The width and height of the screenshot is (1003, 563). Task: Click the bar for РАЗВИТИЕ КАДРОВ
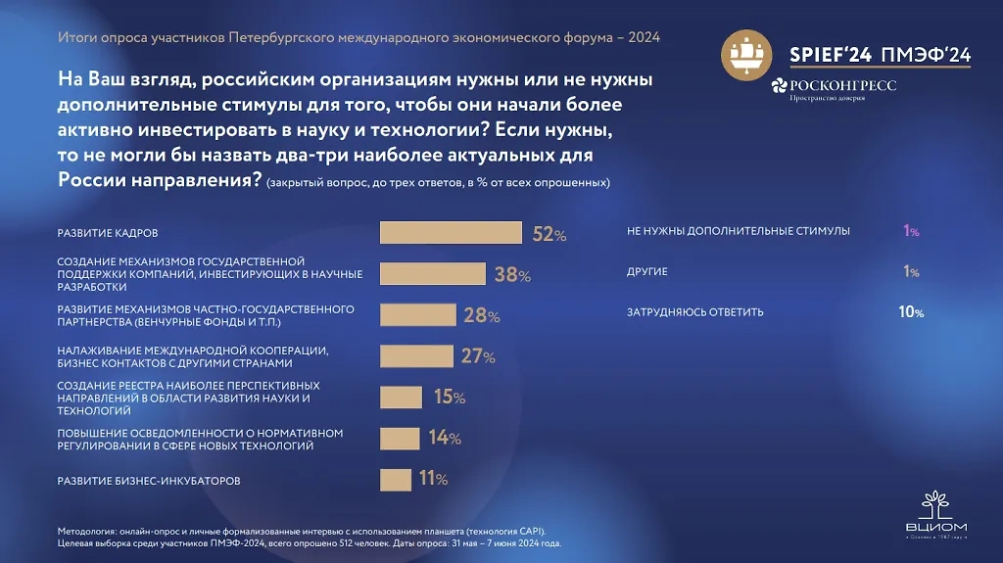pyautogui.click(x=450, y=233)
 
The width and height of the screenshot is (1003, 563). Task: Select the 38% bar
pyautogui.click(x=432, y=274)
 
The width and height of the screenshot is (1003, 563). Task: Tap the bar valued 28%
pyautogui.click(x=417, y=315)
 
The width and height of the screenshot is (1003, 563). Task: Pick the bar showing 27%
pyautogui.click(x=415, y=355)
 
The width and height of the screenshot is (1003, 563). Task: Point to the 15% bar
pyautogui.click(x=400, y=397)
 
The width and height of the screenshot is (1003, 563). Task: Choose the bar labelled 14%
pyautogui.click(x=399, y=438)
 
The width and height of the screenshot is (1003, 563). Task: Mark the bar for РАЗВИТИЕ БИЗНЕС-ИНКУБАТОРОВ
pyautogui.click(x=395, y=479)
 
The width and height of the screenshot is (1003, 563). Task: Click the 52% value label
pyautogui.click(x=549, y=234)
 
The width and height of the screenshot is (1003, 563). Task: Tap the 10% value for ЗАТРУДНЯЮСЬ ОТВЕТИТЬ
pyautogui.click(x=912, y=312)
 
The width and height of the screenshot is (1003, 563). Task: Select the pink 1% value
pyautogui.click(x=911, y=231)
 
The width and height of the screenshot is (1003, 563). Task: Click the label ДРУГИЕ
pyautogui.click(x=646, y=272)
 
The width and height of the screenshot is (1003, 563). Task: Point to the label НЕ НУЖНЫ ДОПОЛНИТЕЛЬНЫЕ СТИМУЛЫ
pyautogui.click(x=738, y=231)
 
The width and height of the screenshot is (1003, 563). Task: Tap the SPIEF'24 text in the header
pyautogui.click(x=833, y=54)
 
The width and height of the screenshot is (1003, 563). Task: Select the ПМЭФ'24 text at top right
pyautogui.click(x=926, y=54)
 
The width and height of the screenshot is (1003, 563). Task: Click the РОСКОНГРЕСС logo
pyautogui.click(x=834, y=87)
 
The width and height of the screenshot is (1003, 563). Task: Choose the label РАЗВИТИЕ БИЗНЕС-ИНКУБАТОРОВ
pyautogui.click(x=149, y=481)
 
